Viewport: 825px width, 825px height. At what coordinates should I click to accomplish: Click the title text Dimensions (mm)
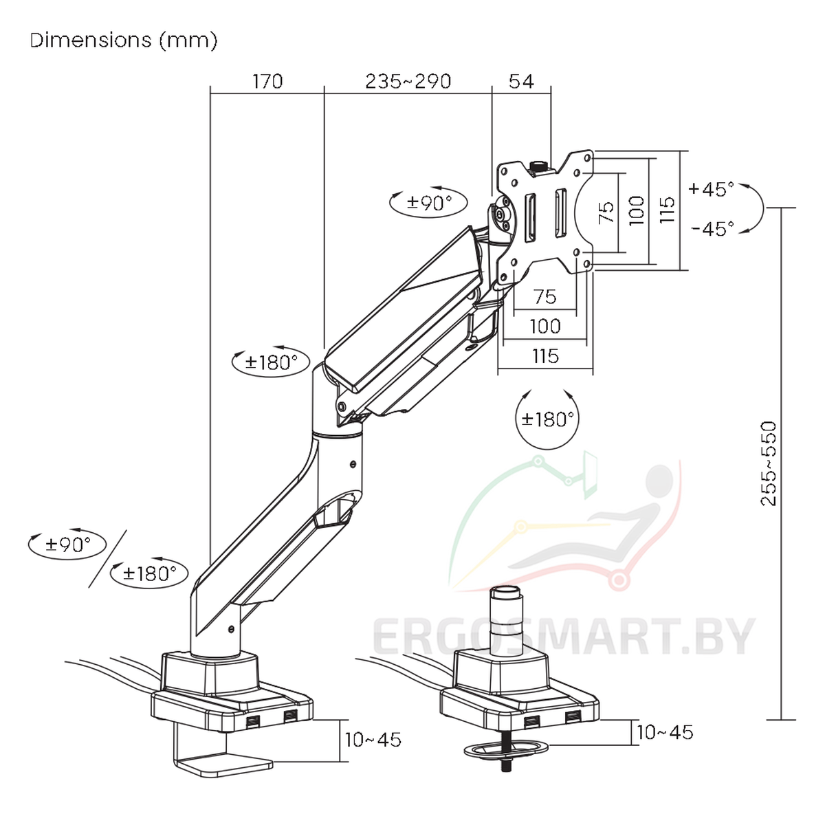coord(124,41)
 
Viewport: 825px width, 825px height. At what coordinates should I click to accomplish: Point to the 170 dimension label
coord(267,82)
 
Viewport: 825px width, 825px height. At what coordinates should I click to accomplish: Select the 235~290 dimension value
coord(408,82)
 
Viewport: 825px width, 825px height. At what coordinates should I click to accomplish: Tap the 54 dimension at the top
coord(521,82)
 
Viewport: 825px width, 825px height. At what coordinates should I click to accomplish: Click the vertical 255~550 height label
coord(769,464)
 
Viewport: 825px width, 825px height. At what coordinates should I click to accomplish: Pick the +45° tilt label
coord(711,188)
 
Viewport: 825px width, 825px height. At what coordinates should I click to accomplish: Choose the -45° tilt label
coord(712,228)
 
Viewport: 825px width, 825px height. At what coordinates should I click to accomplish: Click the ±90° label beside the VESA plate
coord(429,202)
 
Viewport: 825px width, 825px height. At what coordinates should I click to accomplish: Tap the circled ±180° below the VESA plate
coord(547,419)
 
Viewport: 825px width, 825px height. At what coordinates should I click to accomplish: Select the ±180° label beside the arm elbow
coord(271,362)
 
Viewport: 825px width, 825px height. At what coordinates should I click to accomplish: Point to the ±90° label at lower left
coord(67,545)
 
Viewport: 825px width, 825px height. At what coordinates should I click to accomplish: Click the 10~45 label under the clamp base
coord(373,740)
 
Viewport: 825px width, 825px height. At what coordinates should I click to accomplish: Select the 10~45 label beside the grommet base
coord(665,733)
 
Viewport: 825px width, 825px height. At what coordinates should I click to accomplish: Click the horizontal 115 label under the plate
coord(544,356)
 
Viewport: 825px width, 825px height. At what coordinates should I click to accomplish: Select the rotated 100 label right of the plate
coord(637,210)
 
